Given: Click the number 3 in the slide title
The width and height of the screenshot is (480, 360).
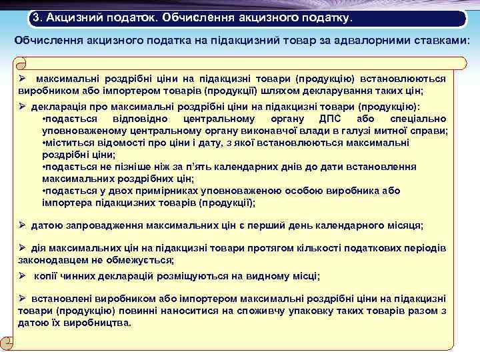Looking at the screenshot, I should [x=39, y=15].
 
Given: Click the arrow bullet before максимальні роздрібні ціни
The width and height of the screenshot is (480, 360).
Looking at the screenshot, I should [x=22, y=78].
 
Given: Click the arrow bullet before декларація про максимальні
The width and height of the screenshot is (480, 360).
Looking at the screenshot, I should [x=22, y=107].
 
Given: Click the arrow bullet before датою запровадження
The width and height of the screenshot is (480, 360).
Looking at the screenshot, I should [x=22, y=225].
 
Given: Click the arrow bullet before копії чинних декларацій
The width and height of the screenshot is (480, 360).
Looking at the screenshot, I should [x=22, y=275].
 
